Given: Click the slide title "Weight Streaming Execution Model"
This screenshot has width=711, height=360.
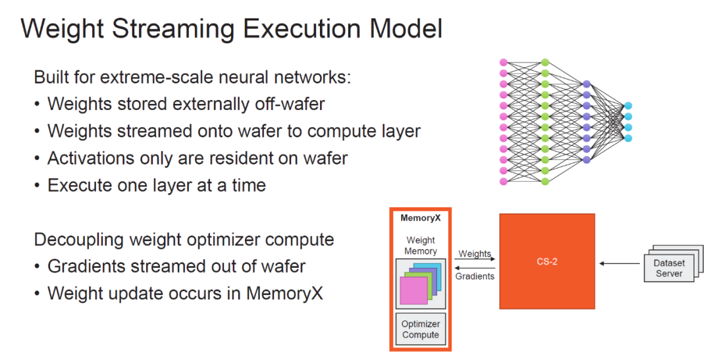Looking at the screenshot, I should click(231, 30).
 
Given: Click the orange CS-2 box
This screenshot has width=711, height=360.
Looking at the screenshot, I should click(547, 261).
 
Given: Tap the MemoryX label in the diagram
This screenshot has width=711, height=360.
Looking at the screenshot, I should click(420, 218).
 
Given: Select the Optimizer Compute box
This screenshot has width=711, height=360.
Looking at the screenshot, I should click(421, 329).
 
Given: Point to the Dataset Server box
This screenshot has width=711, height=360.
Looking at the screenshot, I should click(668, 268).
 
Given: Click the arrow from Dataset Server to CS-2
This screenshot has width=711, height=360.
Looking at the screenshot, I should click(619, 264).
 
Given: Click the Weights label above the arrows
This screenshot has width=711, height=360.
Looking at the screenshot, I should click(475, 254).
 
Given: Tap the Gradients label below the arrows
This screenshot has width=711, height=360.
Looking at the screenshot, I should click(475, 276).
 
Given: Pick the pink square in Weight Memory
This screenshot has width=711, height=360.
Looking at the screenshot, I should click(413, 290).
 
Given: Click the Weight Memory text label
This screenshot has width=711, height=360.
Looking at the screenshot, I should click(421, 245).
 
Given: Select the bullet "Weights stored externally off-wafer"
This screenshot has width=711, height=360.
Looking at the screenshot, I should click(186, 103).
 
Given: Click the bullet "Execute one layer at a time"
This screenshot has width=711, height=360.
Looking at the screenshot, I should click(156, 185).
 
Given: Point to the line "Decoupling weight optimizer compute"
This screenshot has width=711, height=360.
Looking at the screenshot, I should click(184, 239).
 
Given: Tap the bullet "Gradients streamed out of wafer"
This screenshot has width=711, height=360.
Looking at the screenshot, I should click(176, 266).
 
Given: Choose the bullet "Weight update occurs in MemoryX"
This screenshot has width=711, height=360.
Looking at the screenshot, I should click(185, 293).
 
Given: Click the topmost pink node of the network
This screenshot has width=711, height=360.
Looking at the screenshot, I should click(504, 62).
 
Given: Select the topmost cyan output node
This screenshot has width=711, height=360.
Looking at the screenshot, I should click(628, 105).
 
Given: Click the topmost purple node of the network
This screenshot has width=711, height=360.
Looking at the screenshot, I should click(587, 84).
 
